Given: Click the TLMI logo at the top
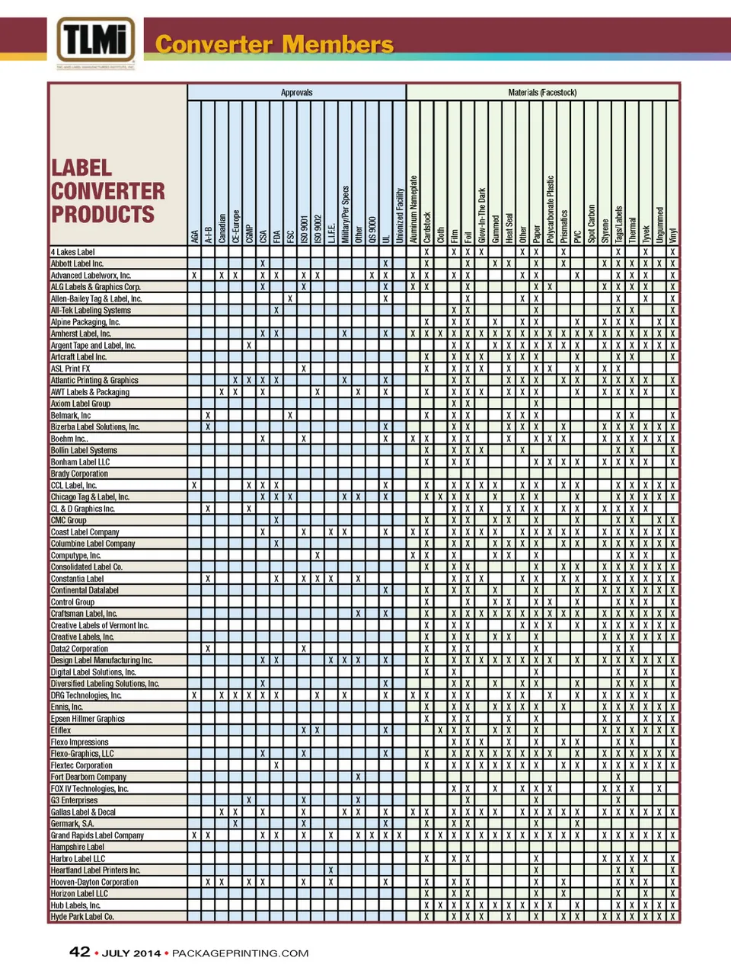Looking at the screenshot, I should [95, 40].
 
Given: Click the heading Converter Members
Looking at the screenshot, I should [274, 44].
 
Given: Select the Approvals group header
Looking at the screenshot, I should [296, 92].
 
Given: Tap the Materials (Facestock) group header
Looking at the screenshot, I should [542, 92].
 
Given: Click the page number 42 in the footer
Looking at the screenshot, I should [80, 952].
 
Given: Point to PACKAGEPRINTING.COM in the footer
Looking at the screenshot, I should [240, 953].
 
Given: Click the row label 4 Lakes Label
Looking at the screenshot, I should [73, 252].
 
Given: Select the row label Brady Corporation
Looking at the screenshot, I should [79, 474].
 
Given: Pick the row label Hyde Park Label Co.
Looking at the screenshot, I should [82, 917].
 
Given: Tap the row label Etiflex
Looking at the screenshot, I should [61, 730].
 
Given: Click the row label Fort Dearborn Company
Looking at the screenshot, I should [88, 777].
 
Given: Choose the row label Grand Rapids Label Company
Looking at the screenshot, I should [97, 835].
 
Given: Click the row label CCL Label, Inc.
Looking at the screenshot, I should [74, 485].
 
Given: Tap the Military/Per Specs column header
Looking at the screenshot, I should [345, 214].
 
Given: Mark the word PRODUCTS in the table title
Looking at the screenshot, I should [103, 215].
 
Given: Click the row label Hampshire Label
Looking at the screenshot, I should [78, 847].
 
